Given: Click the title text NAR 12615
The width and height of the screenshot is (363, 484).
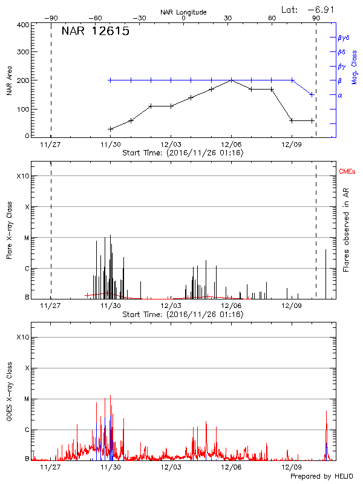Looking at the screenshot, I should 96,31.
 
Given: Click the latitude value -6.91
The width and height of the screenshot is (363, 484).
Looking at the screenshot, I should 321,9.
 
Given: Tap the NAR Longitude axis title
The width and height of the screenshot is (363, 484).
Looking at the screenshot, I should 183,12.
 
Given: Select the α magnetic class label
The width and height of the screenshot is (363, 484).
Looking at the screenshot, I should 340,95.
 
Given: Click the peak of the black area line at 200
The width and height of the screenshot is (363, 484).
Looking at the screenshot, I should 231,80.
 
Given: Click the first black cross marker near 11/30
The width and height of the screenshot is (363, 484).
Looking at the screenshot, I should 110,129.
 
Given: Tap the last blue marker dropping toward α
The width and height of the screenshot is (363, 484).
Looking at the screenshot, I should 312,94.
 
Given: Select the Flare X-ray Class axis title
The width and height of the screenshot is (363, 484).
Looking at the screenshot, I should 10,229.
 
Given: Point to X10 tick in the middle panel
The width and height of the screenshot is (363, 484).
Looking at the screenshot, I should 22,176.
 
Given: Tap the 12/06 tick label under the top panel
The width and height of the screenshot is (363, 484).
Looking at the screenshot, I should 231,145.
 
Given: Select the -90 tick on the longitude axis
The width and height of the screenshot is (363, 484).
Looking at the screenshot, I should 53,18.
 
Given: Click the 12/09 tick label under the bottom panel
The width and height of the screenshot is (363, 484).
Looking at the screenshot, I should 292,467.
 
